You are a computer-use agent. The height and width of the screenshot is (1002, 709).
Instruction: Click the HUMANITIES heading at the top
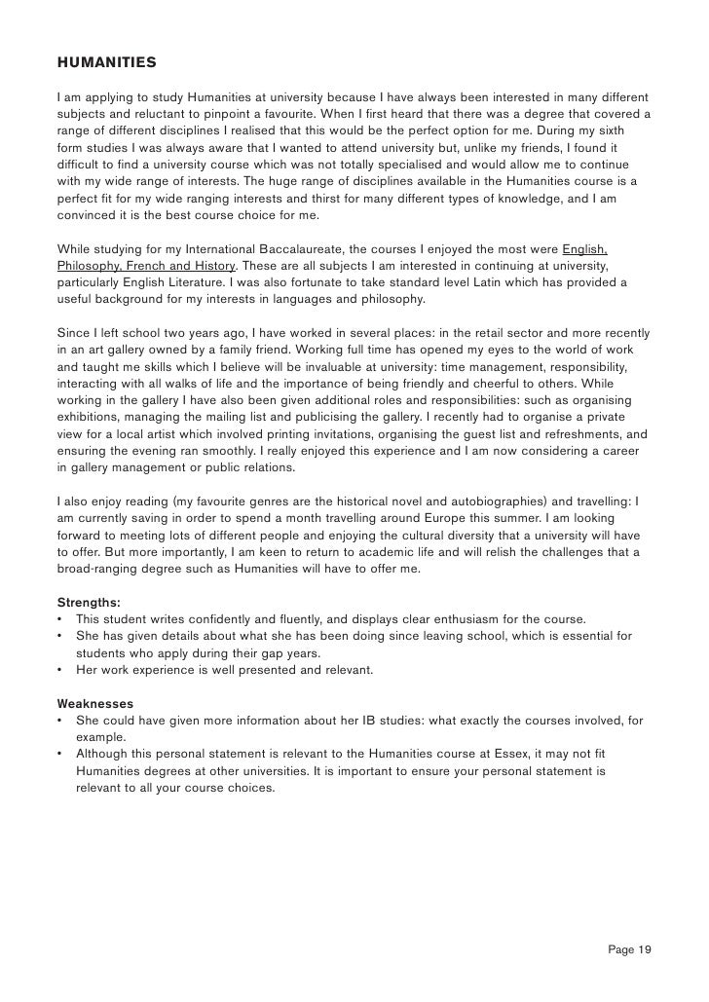pos(106,63)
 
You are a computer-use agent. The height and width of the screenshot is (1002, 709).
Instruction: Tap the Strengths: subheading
pos(89,603)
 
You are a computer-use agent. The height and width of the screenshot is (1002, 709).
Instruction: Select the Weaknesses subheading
pos(95,702)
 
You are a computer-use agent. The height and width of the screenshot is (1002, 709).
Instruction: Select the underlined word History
pos(213,265)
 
